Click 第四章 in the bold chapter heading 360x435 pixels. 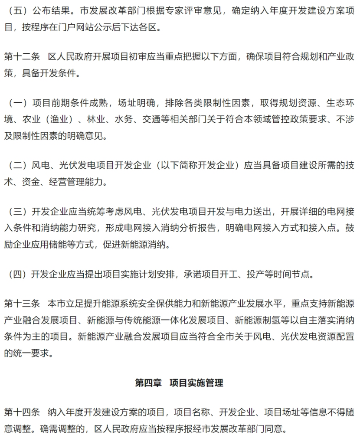tap(148, 383)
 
